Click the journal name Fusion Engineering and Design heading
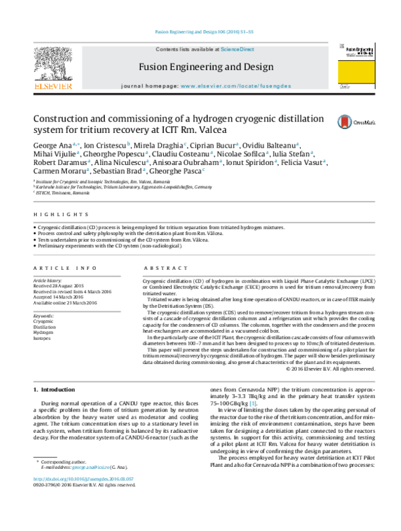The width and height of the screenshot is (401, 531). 206,67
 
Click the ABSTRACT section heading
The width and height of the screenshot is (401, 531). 160,268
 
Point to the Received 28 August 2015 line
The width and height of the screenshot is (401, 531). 61,286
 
